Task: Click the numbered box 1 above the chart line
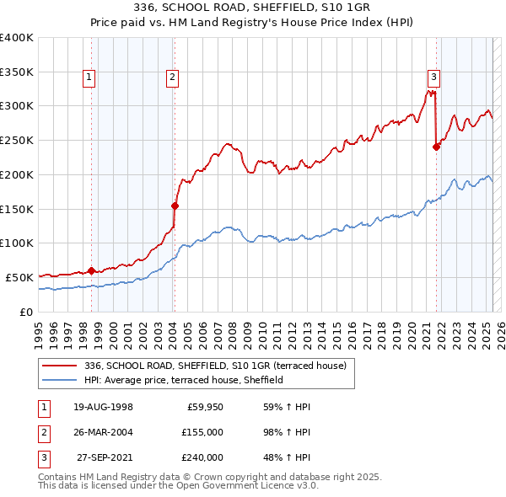pos(89,78)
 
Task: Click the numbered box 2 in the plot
pos(172,78)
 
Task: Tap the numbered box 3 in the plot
pos(433,78)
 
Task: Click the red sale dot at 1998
pos(91,270)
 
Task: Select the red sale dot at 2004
pos(175,205)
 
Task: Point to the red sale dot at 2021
pos(437,147)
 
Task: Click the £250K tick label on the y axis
pos(17,140)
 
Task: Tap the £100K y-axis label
pos(17,243)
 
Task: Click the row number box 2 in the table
pos(42,432)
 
